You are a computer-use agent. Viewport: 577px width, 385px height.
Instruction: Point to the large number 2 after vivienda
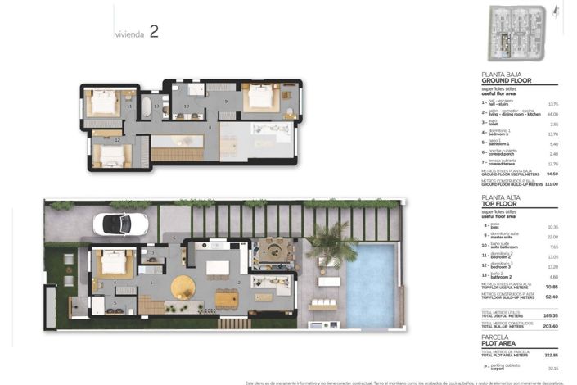153,33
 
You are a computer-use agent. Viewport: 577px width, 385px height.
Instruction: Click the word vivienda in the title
129,35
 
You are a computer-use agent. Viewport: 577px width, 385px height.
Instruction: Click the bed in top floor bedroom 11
104,102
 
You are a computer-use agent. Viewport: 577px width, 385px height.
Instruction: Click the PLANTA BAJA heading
503,74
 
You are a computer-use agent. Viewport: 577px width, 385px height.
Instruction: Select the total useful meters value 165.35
550,315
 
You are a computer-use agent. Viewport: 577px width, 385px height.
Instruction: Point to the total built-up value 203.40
550,326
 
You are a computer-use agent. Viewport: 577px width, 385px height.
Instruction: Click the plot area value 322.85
550,354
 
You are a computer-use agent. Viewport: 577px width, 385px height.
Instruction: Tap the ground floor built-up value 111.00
551,184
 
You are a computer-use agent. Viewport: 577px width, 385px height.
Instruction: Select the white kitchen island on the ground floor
217,267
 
